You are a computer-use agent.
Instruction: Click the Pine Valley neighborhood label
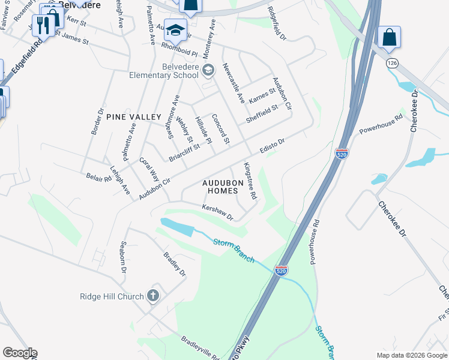tap(134, 117)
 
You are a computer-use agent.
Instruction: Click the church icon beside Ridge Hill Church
tap(153, 296)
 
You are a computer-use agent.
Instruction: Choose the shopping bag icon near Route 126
tap(389, 37)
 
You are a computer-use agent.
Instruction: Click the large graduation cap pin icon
tap(175, 30)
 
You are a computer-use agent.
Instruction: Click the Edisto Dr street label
tap(271, 146)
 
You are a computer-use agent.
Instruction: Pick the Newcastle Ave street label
tap(234, 83)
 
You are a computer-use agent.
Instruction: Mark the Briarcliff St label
tap(184, 154)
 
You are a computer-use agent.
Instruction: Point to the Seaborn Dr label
tap(122, 257)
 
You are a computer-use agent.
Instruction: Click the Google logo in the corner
tap(19, 353)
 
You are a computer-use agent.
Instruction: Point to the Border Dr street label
tap(97, 123)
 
